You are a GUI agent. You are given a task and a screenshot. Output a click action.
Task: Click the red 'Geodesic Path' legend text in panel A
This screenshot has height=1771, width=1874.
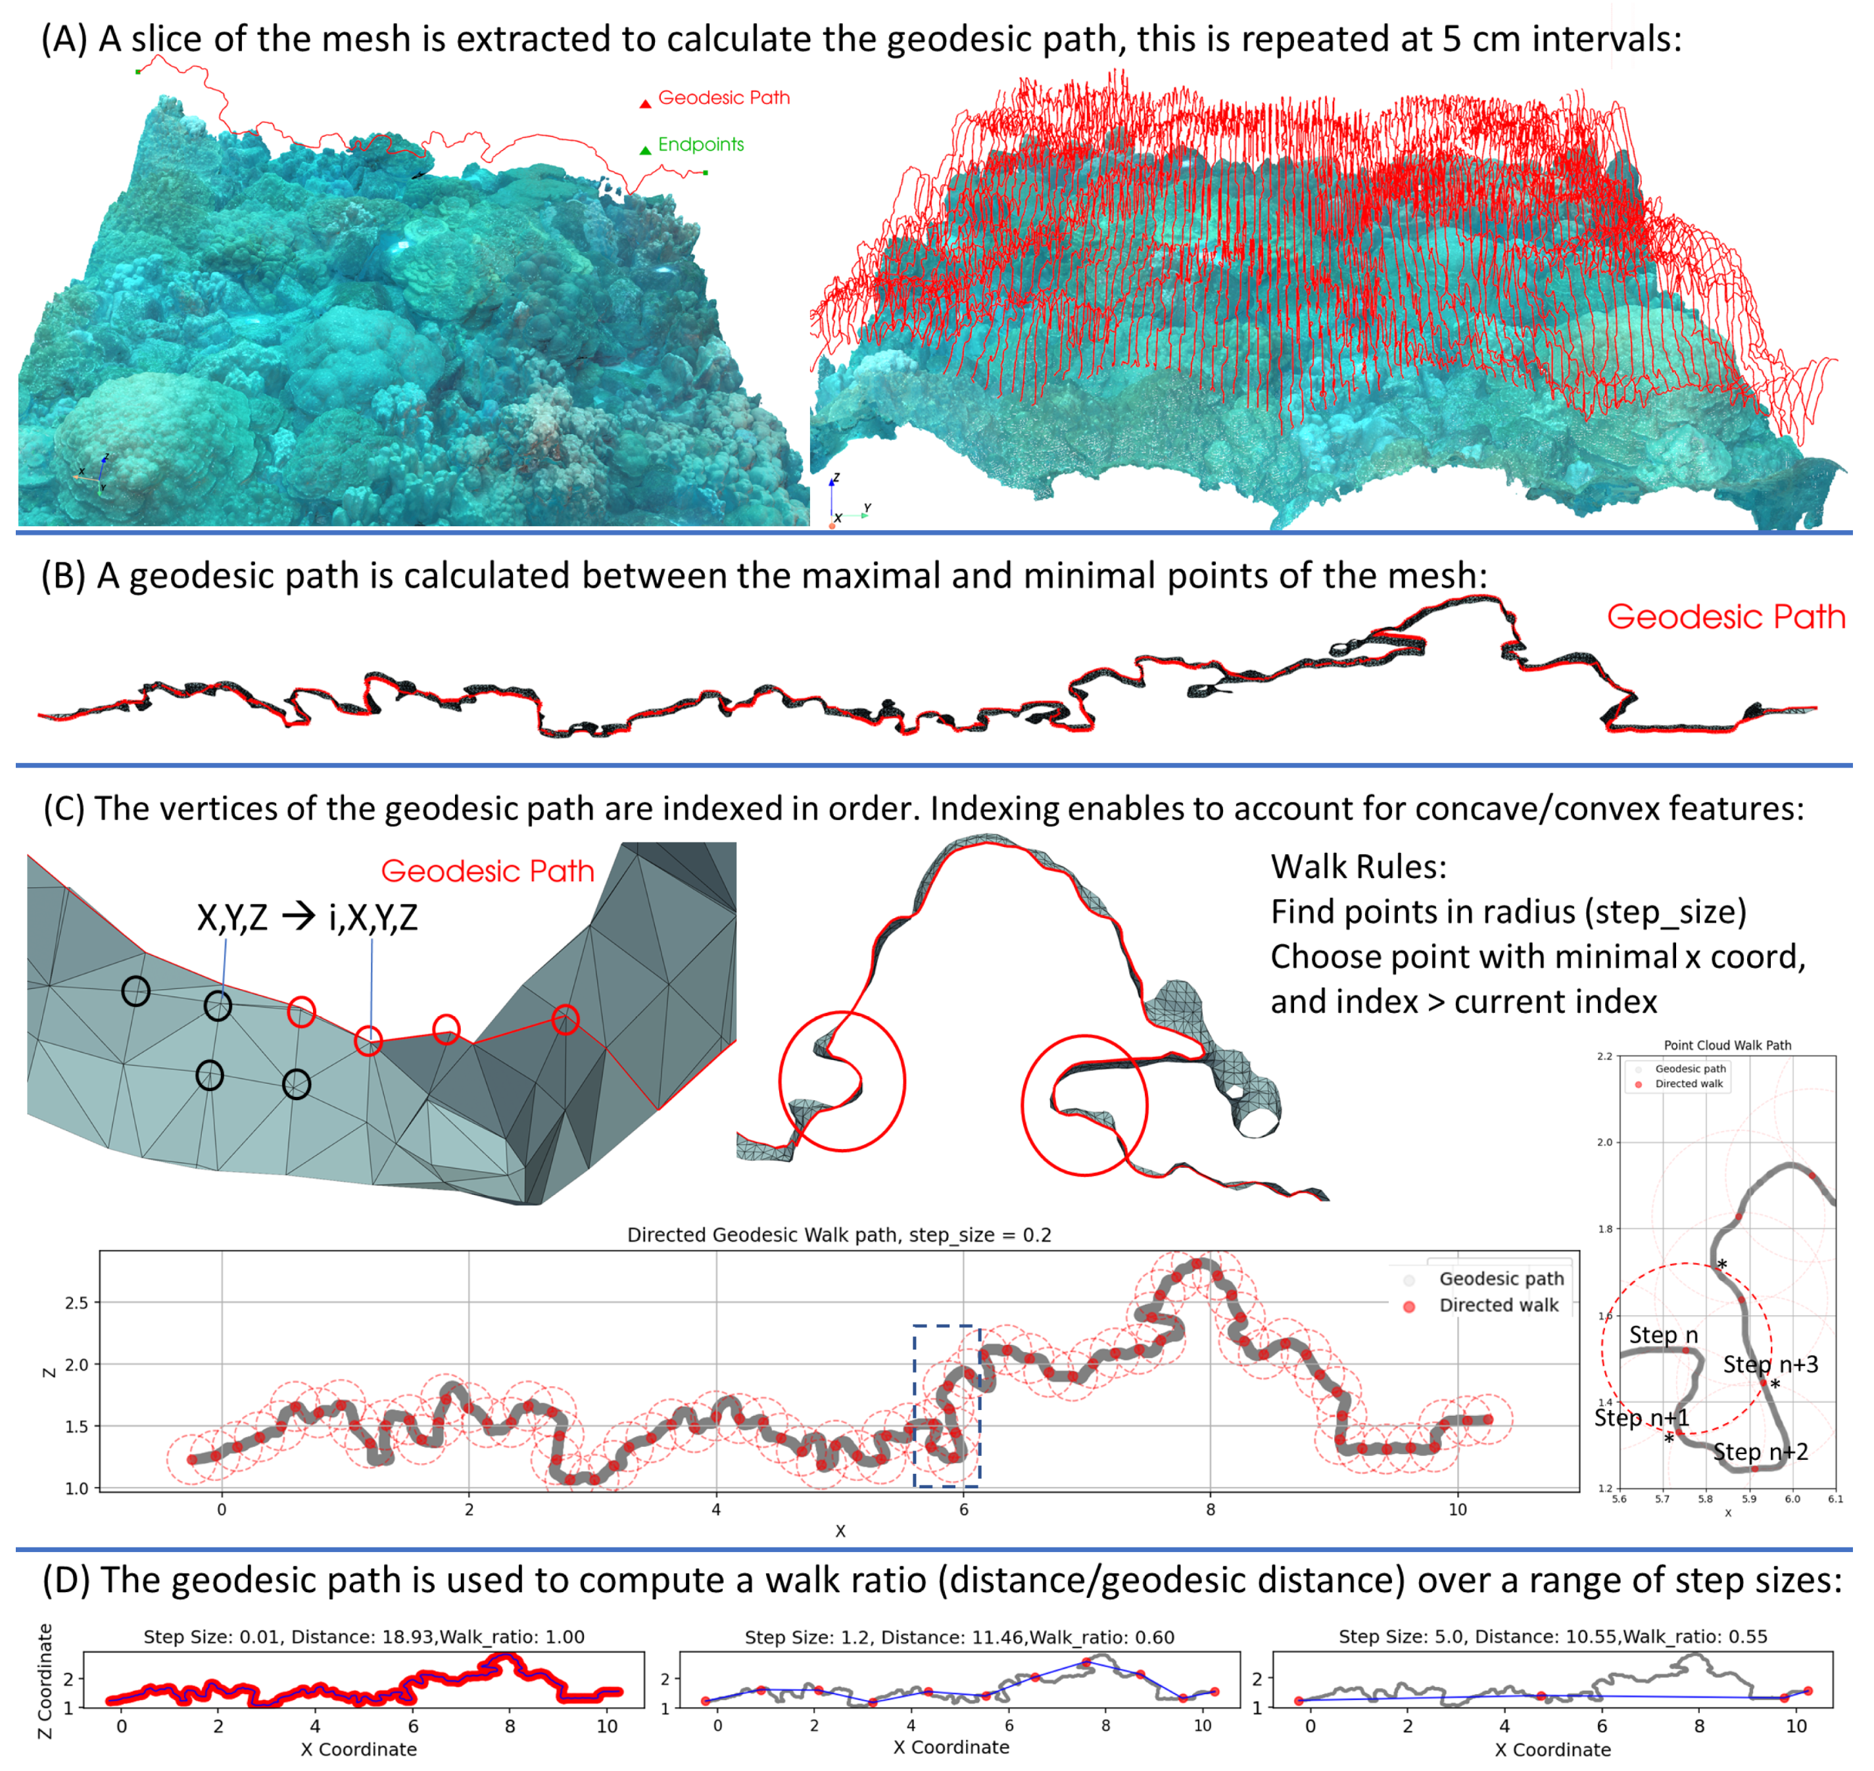723,97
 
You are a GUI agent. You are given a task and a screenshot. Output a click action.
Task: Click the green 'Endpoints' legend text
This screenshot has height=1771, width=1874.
700,145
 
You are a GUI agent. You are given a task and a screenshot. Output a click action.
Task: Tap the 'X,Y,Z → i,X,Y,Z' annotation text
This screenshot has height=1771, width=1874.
307,917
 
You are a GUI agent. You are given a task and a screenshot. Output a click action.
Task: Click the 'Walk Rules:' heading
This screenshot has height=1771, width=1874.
1358,867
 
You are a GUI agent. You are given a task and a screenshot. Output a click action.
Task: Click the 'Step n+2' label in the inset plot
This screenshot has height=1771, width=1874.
1760,1452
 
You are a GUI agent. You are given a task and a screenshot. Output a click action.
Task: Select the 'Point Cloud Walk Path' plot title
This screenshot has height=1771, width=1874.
1727,1045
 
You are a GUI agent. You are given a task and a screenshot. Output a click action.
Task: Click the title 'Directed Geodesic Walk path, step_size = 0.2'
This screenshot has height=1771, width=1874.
838,1235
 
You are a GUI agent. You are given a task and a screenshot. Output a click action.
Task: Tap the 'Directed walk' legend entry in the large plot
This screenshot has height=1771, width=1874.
1499,1305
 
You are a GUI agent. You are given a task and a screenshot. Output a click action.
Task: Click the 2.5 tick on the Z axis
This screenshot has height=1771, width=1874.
76,1303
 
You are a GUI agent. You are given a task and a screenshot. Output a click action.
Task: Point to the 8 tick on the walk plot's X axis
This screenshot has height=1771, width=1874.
1211,1509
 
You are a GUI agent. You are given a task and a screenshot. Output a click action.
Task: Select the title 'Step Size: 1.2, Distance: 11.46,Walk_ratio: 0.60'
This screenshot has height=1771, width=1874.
959,1637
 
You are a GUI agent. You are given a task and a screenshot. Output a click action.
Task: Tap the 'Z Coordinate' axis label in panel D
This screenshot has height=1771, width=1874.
44,1682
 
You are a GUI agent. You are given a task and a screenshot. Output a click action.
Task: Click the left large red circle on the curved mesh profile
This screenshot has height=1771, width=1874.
841,1081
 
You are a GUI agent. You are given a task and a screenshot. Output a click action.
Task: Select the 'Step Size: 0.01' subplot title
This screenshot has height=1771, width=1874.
364,1637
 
